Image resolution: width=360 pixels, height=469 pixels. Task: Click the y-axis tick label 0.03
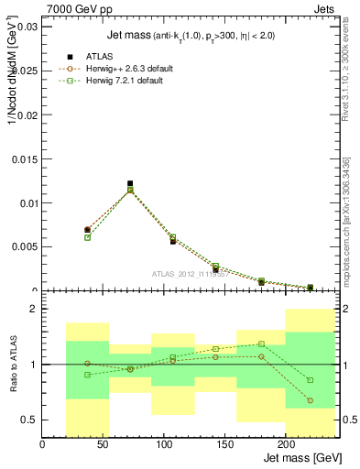click(x=27, y=27)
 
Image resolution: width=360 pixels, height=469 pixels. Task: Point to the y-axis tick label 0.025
click(x=24, y=71)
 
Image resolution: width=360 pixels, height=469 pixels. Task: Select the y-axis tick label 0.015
click(x=24, y=159)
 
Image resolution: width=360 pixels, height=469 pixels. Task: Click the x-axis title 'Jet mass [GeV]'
click(x=302, y=457)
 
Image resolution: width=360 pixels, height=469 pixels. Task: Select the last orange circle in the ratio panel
click(x=310, y=400)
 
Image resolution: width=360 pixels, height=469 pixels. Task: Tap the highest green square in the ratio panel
click(x=261, y=344)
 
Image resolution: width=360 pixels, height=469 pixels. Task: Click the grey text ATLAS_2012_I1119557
click(x=191, y=274)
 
